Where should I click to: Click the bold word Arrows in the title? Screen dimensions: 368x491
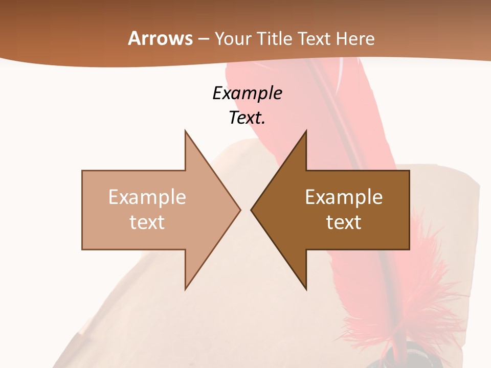tap(161, 38)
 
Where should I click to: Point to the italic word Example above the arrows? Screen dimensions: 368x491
tap(247, 93)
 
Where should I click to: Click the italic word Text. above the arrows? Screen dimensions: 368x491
tap(247, 118)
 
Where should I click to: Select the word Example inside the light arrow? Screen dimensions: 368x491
tap(147, 197)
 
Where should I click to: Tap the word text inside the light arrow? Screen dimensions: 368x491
tap(147, 222)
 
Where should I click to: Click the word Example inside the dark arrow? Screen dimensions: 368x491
tap(344, 197)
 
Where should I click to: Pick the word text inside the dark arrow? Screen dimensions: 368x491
tap(344, 222)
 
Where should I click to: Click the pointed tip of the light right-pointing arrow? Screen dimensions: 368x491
tap(240, 210)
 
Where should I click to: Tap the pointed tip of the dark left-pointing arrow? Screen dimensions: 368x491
tap(251, 210)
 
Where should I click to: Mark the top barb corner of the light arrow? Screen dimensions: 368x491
tap(185, 130)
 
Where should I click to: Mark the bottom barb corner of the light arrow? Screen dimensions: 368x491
tap(185, 289)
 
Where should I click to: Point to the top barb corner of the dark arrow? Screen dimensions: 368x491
tap(306, 130)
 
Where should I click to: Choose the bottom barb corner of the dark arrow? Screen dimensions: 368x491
tap(306, 289)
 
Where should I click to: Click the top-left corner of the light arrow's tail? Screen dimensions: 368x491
tap(82, 171)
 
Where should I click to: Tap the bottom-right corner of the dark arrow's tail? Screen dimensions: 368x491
tap(409, 249)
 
